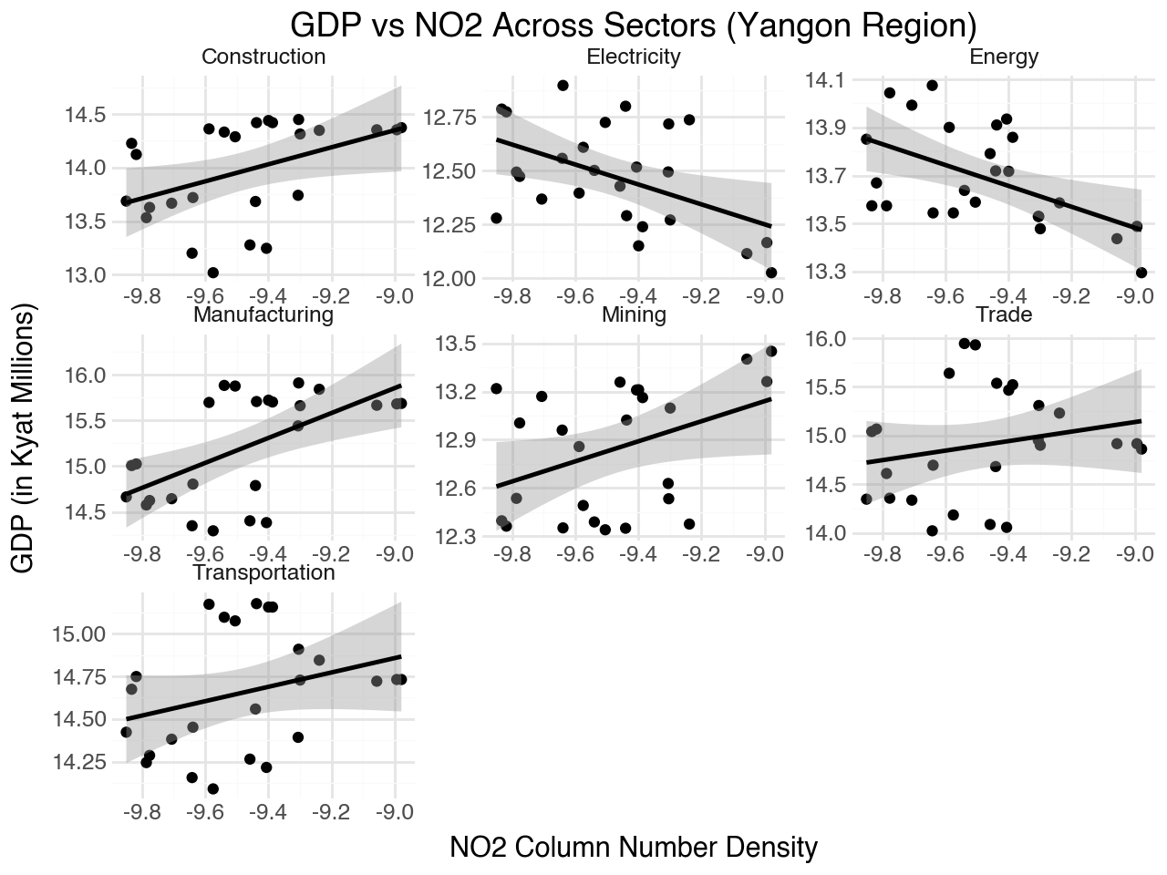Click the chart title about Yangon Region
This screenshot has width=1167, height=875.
pos(634,25)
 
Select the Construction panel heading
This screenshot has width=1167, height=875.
pos(263,57)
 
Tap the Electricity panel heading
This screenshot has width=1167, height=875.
pos(634,57)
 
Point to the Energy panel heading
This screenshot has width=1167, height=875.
pos(1004,57)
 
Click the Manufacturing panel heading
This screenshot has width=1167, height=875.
pos(263,314)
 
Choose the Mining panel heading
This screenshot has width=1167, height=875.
pos(634,314)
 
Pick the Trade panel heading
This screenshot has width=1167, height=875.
pos(1004,314)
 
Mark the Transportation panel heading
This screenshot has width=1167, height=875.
pos(263,572)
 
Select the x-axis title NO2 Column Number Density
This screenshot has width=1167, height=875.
pos(634,848)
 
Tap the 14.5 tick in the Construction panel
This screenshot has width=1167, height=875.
pos(86,115)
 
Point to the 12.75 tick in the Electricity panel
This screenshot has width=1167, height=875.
pos(452,117)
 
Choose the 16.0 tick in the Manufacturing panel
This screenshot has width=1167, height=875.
pos(86,376)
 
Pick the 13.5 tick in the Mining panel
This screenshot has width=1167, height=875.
pos(457,345)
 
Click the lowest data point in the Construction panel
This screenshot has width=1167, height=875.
pos(212,273)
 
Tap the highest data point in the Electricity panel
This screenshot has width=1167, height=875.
pos(563,86)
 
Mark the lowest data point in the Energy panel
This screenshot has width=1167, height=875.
pos(1141,273)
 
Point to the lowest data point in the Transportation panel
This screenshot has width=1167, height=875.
pos(212,789)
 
